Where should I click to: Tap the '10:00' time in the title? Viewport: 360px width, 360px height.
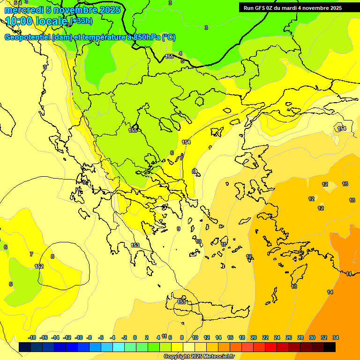tap(18, 21)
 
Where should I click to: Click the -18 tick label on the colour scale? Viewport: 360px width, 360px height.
tap(32, 337)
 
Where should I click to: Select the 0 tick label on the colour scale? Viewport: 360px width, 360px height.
tap(135, 337)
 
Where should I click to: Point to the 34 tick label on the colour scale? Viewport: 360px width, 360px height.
tap(336, 337)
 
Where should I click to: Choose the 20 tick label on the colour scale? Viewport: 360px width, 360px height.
tap(254, 337)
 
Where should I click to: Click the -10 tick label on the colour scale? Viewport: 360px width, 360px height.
tap(79, 337)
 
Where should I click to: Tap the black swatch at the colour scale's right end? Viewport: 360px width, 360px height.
tap(330, 347)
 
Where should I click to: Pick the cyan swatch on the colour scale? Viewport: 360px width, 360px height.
tap(119, 347)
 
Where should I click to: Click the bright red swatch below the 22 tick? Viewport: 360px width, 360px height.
tap(271, 347)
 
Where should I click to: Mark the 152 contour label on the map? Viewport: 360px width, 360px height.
tap(39, 266)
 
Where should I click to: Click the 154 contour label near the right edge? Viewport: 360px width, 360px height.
tap(342, 128)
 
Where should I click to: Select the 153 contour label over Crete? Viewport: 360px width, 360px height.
tap(182, 302)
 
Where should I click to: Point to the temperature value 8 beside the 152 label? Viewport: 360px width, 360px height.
tap(52, 256)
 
